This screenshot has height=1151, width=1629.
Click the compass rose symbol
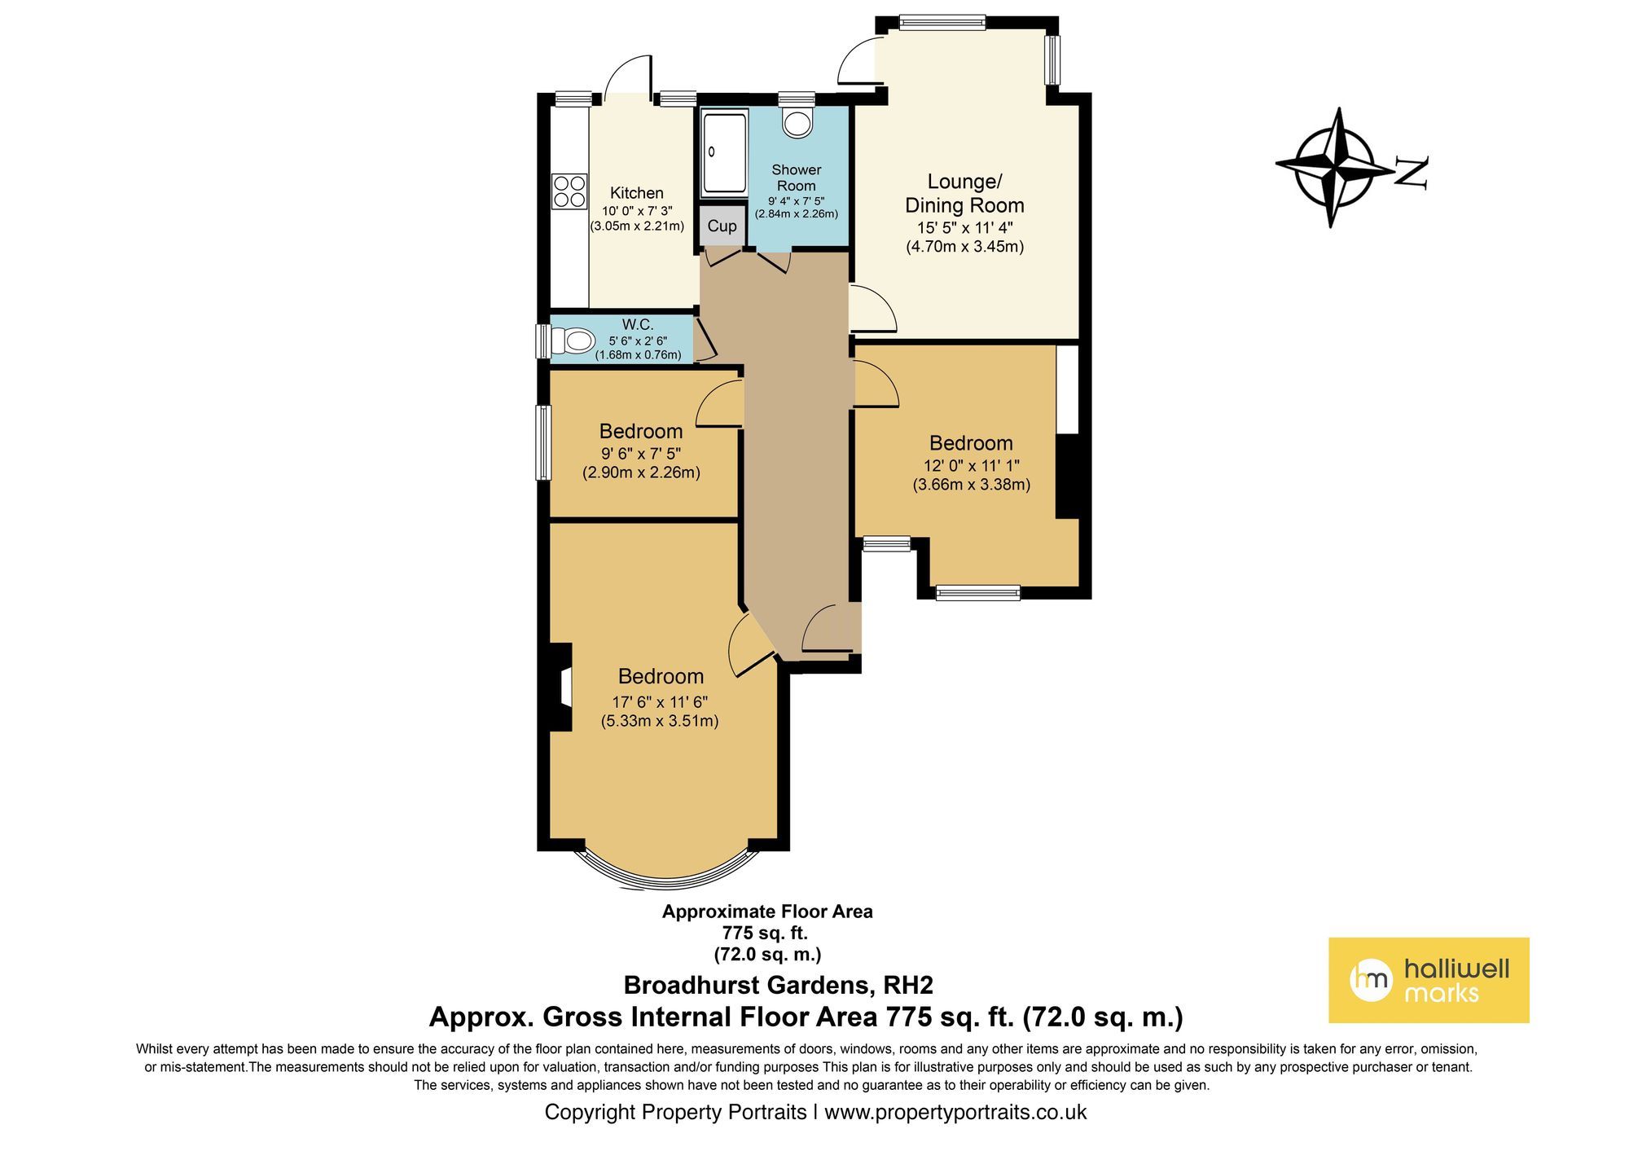coord(1334,167)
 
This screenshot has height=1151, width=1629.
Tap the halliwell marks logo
coord(1429,980)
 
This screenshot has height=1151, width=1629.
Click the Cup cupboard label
coord(722,226)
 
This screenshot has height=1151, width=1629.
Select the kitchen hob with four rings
coord(569,191)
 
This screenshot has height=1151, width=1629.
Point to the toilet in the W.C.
coord(577,340)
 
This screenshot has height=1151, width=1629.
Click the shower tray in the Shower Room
coord(723,153)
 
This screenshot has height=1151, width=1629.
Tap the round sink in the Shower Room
coord(797,122)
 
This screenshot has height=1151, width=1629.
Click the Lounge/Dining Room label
coord(964,193)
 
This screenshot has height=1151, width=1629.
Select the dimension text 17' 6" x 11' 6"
coord(660,702)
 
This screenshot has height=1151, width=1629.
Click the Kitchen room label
coord(637,193)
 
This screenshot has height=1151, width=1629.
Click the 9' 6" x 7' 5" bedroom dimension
coord(641,454)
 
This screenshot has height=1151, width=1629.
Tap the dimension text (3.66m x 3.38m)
coord(971,485)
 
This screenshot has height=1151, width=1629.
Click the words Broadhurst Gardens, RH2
coord(778,985)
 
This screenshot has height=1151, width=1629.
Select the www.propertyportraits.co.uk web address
coord(955,1112)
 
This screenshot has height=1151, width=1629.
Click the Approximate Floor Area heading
coord(767,912)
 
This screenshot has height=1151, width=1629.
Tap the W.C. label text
coord(638,324)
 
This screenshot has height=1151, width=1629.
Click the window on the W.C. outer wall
coord(542,341)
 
